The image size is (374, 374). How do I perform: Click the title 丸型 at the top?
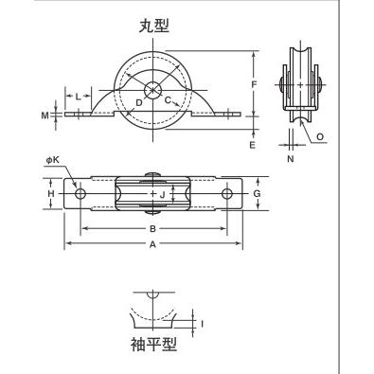click(x=154, y=27)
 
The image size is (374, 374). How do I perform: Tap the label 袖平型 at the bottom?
click(x=153, y=345)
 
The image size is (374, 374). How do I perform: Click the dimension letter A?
click(x=152, y=243)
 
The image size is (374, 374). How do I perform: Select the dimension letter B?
click(x=152, y=228)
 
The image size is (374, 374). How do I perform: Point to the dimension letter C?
click(x=169, y=100)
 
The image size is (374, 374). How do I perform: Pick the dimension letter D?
click(x=139, y=102)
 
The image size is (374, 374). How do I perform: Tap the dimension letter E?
click(x=252, y=145)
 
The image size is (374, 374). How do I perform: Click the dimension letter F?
click(x=254, y=84)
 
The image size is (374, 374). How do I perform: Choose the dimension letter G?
click(x=258, y=193)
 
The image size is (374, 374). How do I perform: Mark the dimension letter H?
click(x=51, y=193)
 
